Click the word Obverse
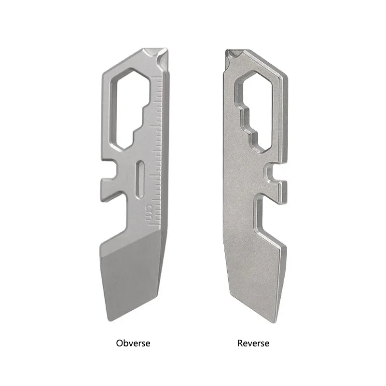coord(133,343)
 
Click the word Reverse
coord(253,343)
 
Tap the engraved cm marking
coord(149,212)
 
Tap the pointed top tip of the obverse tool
coord(167,50)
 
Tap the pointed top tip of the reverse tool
coord(226,50)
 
